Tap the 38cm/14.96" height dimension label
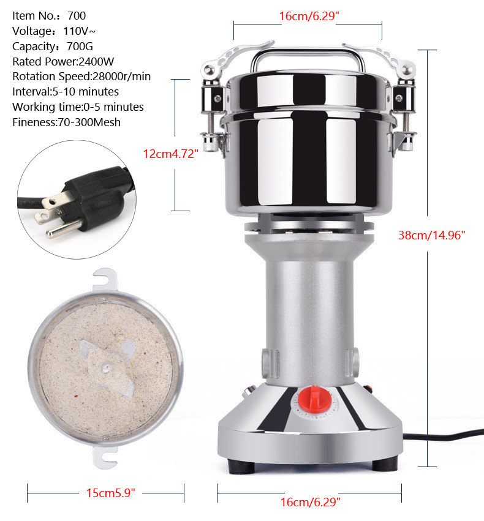point(431,234)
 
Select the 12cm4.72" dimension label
point(172,154)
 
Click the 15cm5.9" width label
point(107,492)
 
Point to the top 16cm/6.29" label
point(309,17)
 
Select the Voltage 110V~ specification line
point(53,31)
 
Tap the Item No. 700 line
point(49,15)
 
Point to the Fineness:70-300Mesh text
point(66,122)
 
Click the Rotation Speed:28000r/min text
point(81,77)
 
